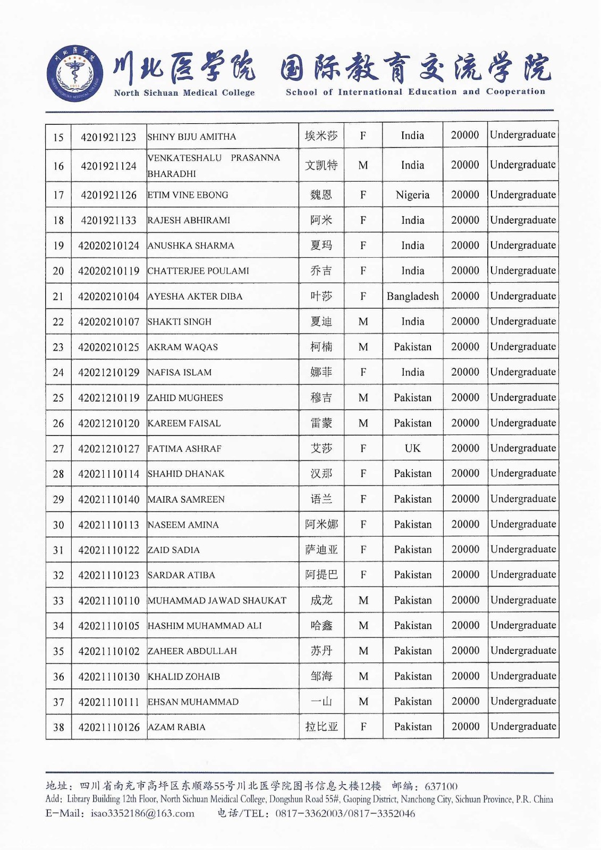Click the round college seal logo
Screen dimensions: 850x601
point(75,74)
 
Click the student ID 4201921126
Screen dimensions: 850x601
point(108,195)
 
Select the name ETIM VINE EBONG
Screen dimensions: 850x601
point(188,195)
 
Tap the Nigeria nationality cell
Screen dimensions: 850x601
point(412,195)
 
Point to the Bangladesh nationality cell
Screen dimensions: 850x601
point(412,296)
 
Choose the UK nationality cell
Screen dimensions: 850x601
point(412,448)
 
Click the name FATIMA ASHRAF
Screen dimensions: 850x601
point(184,449)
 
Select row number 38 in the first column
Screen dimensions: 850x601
point(58,727)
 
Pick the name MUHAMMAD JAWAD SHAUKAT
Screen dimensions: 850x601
point(217,601)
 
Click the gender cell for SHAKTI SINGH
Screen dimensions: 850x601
point(363,322)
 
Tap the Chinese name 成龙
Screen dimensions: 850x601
point(321,600)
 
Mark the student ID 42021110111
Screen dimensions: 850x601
point(108,702)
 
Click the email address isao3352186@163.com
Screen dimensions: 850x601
point(142,813)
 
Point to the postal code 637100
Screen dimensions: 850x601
point(441,786)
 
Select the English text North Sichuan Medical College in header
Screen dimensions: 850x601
point(184,93)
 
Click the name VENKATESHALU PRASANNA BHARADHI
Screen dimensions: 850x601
point(213,166)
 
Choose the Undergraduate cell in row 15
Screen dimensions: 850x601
point(523,135)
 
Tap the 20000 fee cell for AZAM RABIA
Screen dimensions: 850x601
point(465,727)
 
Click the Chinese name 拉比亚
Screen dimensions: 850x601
point(321,727)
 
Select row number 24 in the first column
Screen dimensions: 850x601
point(58,372)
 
